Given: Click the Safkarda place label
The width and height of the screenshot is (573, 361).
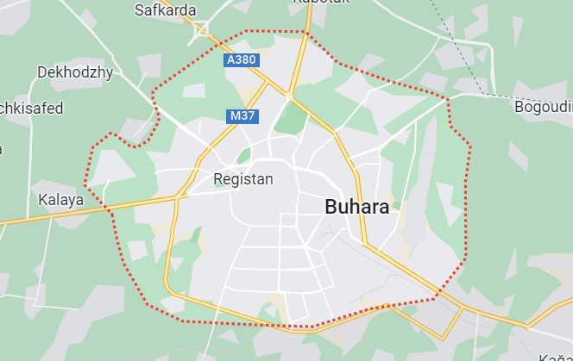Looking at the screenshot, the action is click(x=166, y=10).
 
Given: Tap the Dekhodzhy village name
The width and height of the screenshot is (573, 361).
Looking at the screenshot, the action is click(x=75, y=72).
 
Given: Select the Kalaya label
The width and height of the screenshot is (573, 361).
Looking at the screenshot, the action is click(x=61, y=200).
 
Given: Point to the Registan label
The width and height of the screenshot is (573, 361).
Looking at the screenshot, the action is click(x=242, y=179).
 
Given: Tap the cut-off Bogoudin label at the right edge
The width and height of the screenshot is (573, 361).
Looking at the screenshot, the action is click(x=544, y=107).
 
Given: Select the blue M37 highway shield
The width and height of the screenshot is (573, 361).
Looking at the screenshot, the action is click(x=241, y=115).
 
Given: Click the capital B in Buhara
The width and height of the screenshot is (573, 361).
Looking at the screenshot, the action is click(x=331, y=207).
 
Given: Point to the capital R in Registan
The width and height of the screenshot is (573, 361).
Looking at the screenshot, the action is click(x=217, y=179).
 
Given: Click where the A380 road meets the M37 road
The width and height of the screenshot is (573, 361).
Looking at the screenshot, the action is click(x=262, y=84).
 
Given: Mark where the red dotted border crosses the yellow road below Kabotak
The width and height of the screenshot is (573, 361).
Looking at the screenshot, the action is click(x=306, y=34).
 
